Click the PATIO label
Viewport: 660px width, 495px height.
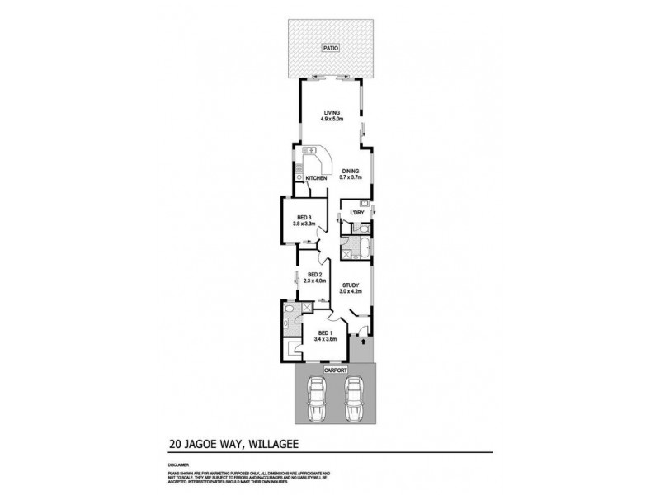pos(330,49)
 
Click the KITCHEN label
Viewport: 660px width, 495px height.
pos(317,179)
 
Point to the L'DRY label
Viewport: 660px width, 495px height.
pos(357,213)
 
